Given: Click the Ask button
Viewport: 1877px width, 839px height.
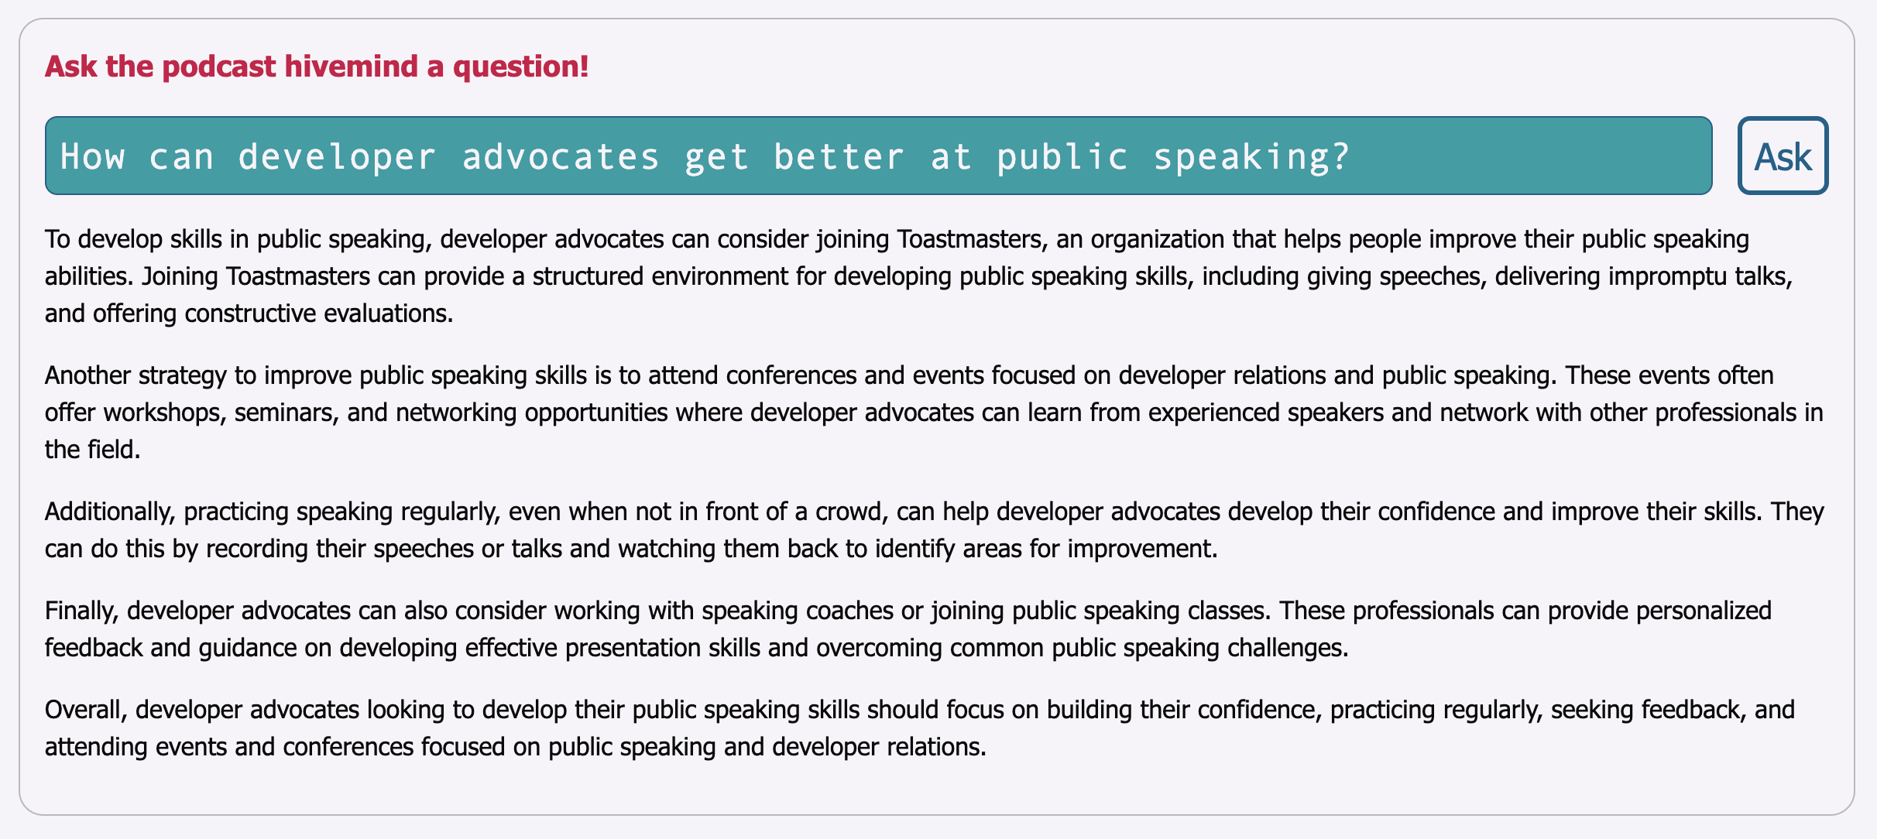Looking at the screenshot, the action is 1783,156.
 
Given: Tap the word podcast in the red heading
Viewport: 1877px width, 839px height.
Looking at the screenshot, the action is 219,67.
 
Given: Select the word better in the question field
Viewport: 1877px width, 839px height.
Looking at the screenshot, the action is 839,156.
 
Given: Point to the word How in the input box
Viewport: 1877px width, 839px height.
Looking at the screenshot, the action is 93,156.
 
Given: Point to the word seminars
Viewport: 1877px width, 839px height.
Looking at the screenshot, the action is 287,413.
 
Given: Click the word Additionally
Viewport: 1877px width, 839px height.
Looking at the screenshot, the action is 111,512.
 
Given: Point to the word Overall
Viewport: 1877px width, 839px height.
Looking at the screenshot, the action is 87,710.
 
